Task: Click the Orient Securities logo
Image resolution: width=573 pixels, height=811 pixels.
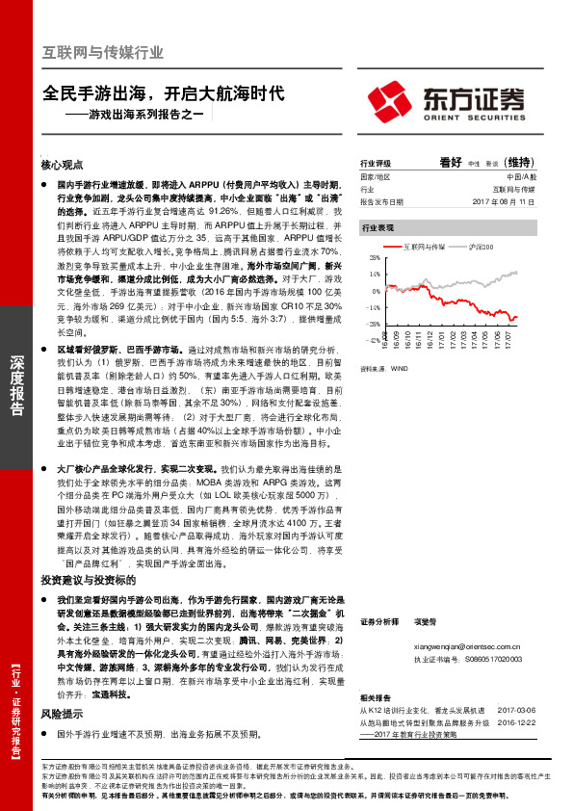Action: coord(449,100)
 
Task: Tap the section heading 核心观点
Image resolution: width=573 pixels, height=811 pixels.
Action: coord(63,165)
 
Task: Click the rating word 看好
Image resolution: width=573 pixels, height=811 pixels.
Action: coord(451,162)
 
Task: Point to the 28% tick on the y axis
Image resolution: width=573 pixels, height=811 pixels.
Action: coord(373,259)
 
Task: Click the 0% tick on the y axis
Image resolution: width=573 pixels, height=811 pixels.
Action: coord(375,290)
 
